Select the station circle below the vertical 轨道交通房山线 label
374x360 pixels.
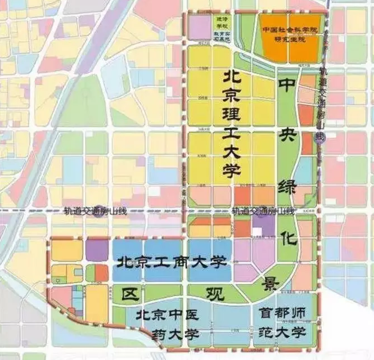click(321, 143)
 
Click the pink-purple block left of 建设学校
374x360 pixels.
click(199, 27)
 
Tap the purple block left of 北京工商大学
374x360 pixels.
click(97, 251)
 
